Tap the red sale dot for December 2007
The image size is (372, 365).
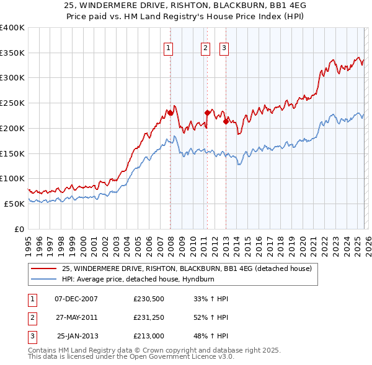click(170, 113)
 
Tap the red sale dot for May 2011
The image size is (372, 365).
click(207, 113)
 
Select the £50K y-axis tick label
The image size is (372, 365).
click(14, 204)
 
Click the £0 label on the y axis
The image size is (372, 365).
click(19, 229)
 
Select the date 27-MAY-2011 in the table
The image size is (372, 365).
click(76, 317)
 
